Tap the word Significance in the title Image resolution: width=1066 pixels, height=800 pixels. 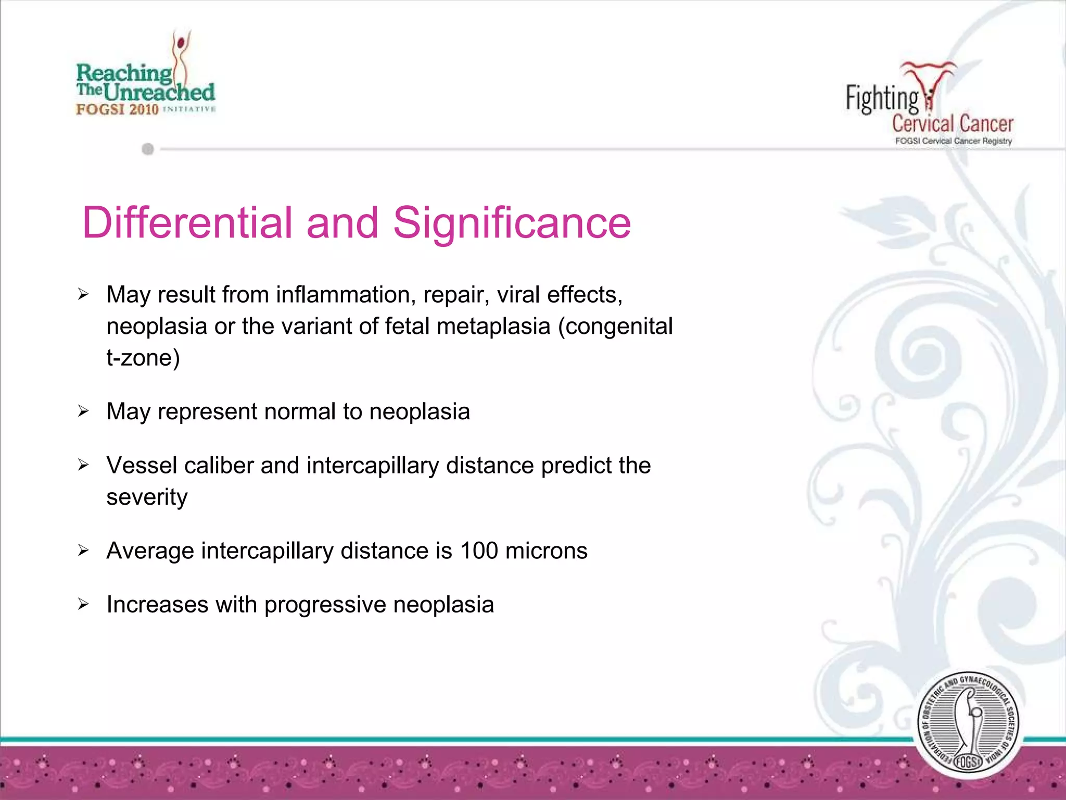pos(512,223)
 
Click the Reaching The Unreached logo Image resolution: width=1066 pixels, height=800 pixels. pos(146,78)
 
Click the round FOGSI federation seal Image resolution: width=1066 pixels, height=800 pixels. pos(968,724)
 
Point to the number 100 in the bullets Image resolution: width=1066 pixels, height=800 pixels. pos(479,551)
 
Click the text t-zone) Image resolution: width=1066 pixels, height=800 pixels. pos(143,358)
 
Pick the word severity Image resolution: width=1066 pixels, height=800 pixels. pos(147,497)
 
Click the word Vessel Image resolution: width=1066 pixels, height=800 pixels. pos(142,466)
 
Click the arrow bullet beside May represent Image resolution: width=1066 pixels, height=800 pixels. pos(83,411)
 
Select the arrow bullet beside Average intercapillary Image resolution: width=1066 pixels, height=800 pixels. pos(83,551)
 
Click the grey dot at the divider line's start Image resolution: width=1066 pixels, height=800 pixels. pos(148,149)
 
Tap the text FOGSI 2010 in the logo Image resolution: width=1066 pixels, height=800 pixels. pos(117,109)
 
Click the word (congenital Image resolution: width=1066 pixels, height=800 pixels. pos(615,327)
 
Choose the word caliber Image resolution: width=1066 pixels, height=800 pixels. pos(219,466)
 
